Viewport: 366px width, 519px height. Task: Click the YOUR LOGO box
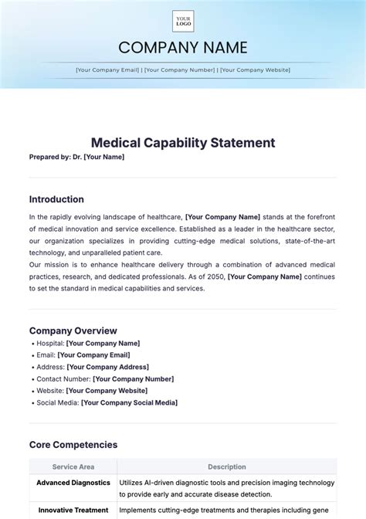(x=183, y=21)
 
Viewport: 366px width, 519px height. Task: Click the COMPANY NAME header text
(x=183, y=48)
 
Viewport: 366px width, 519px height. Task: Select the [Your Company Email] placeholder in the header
(x=107, y=70)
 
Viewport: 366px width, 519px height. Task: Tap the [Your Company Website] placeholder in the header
(x=255, y=70)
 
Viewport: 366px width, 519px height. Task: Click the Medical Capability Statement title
(x=183, y=143)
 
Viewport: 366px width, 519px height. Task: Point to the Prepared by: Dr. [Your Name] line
(x=76, y=157)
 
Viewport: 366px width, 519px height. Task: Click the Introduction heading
(x=56, y=198)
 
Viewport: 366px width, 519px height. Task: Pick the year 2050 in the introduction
(x=214, y=276)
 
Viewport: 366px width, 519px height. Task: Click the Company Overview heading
(x=73, y=331)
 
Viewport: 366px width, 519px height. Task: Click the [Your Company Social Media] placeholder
(x=129, y=403)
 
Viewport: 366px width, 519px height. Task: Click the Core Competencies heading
(x=73, y=445)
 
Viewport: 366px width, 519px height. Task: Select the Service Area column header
(x=73, y=466)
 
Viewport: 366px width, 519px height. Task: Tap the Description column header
(x=227, y=466)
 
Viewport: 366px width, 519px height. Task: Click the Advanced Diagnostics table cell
(x=73, y=483)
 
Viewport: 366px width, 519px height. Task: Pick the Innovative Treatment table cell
(x=73, y=510)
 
